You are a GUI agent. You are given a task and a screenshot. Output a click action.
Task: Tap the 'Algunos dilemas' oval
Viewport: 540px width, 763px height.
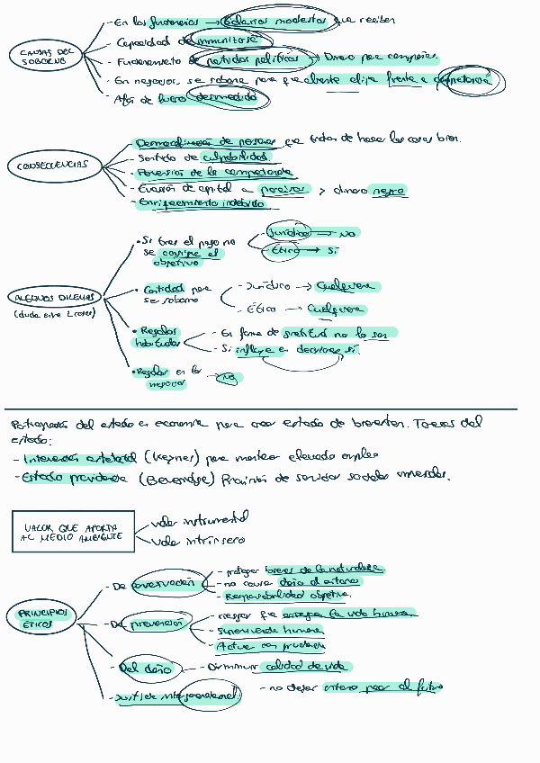click(x=54, y=297)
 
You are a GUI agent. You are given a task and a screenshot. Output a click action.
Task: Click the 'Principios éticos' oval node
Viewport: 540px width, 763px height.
click(x=44, y=617)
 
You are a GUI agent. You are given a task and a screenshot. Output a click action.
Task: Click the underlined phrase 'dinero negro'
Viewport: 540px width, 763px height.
click(x=369, y=190)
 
